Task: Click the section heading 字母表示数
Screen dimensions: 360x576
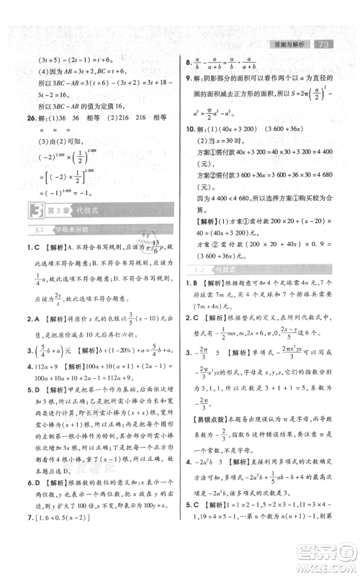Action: (68, 231)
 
